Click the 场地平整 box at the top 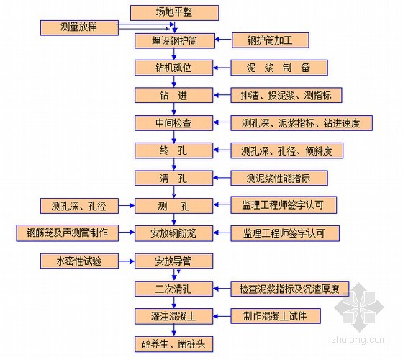[174, 13]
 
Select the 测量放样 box [79, 28]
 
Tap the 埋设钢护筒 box [175, 41]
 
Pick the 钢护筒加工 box [271, 40]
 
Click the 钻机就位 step [173, 68]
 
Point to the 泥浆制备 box [279, 68]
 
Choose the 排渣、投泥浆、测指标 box [286, 95]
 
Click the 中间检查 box [173, 123]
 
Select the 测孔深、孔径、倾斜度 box [287, 150]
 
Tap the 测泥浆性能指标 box [279, 178]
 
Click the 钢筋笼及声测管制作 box [68, 233]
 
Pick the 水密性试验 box [79, 261]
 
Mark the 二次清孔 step [173, 289]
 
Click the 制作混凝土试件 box [276, 316]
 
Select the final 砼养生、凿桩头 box [173, 344]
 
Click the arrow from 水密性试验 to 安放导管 [127, 261]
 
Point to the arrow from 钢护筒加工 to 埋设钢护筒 [223, 40]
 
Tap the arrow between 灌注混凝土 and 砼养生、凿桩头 [174, 330]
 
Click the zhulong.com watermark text [359, 339]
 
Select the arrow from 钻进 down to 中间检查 [174, 109]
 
